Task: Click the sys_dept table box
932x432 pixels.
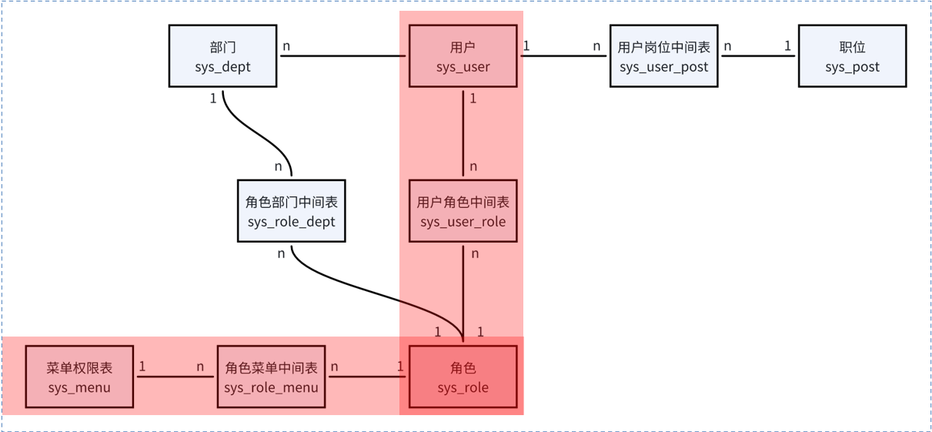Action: pyautogui.click(x=222, y=56)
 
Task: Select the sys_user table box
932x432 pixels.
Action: pyautogui.click(x=463, y=56)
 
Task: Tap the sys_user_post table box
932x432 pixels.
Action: pyautogui.click(x=663, y=56)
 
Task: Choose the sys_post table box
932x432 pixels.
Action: pyautogui.click(x=852, y=56)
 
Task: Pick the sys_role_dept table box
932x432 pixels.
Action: pyautogui.click(x=292, y=212)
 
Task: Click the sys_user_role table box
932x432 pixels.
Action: pyautogui.click(x=463, y=212)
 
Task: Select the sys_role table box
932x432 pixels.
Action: pyautogui.click(x=463, y=377)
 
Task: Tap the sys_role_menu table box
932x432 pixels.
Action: pyautogui.click(x=271, y=377)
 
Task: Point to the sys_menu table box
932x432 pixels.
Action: pyautogui.click(x=79, y=377)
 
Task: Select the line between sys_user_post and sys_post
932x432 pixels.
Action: pyautogui.click(x=758, y=56)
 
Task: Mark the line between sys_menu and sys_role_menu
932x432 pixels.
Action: pyautogui.click(x=175, y=377)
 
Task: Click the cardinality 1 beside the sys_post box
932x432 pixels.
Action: pyautogui.click(x=787, y=46)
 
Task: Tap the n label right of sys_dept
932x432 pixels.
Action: pyautogui.click(x=286, y=46)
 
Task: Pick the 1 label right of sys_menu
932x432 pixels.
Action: pyautogui.click(x=142, y=367)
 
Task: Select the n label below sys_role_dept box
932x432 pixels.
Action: pyautogui.click(x=281, y=253)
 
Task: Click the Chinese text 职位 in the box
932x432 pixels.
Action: pyautogui.click(x=852, y=48)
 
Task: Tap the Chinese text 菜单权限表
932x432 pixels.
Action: pyautogui.click(x=79, y=368)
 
